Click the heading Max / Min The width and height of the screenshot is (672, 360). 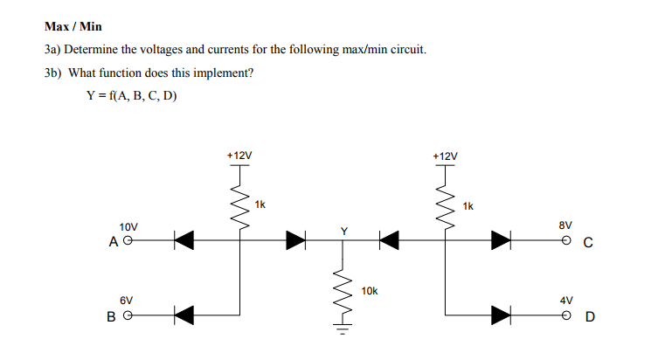pos(73,27)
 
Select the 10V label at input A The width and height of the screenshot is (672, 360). pos(129,225)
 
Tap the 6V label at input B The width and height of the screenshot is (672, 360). pos(127,299)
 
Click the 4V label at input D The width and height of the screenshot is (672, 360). pos(565,299)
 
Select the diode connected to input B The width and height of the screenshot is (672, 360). pos(182,313)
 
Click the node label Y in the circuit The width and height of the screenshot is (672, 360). pos(343,230)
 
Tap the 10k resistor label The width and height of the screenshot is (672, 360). pos(369,290)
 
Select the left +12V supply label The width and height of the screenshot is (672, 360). pos(239,156)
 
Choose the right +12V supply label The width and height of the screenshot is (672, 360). pos(445,156)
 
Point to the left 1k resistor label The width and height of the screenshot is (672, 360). pos(260,204)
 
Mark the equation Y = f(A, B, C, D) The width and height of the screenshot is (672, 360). pos(131,95)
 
